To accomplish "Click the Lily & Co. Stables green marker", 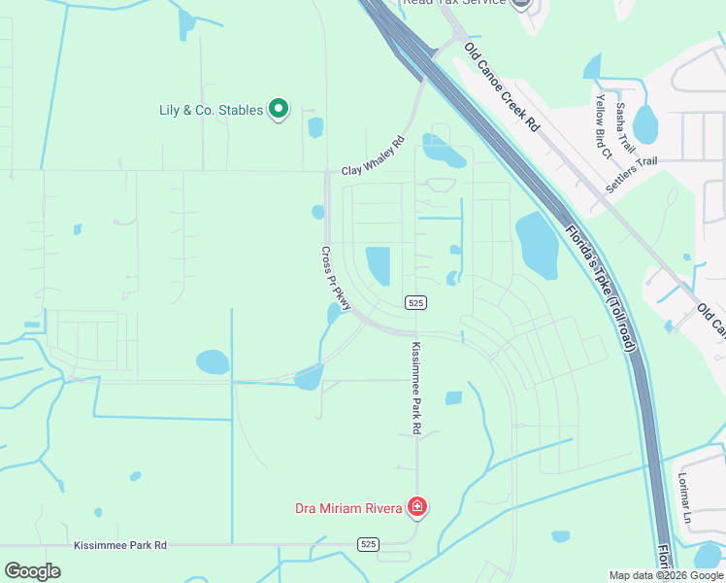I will [279, 110].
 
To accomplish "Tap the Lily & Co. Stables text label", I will [211, 111].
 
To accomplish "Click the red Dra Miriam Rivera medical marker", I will [416, 506].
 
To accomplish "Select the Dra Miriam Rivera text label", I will [348, 508].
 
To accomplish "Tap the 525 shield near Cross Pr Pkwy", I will [415, 303].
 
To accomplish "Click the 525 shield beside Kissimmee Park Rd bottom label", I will [368, 544].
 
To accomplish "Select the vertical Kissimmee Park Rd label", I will [415, 388].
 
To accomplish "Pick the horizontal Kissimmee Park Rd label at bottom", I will [120, 546].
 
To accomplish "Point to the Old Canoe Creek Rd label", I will [501, 86].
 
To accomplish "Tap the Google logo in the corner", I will [32, 570].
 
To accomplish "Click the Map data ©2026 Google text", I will [665, 575].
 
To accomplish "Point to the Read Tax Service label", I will [457, 3].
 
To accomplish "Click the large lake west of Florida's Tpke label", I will [535, 244].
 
